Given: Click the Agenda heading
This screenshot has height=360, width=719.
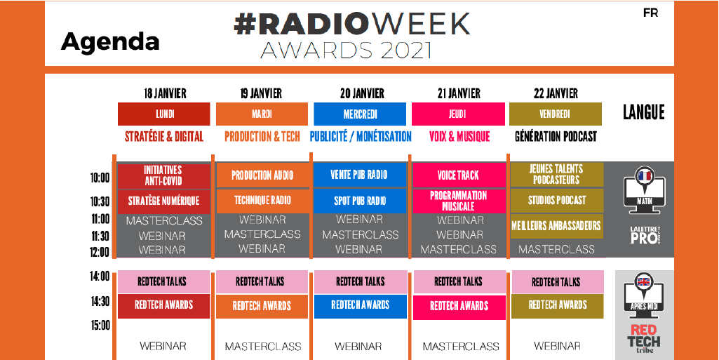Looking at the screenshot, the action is coord(110,41).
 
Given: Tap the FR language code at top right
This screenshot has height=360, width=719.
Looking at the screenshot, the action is coord(651,13).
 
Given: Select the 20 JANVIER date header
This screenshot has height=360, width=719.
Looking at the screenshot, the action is coord(362,93).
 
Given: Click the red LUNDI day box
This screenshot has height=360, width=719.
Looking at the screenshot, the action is coord(163,114).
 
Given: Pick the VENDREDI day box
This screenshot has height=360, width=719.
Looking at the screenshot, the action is coord(556,114).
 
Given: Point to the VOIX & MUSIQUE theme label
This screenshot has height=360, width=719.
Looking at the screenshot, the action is coord(459,137).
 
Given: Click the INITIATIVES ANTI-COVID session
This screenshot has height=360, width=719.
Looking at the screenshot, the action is coord(163,175).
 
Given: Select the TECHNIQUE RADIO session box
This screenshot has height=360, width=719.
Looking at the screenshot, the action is coord(262,201).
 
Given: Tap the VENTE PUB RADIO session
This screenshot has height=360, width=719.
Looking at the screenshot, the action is coord(359,175).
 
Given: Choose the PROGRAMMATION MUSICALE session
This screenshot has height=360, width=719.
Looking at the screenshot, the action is coord(459,201).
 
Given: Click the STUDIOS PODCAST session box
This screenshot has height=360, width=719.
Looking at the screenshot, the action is coord(557,201).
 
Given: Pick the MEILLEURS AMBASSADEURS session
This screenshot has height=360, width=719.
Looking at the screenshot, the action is coord(557,226).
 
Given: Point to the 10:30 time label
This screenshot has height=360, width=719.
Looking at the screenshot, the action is coord(100,202).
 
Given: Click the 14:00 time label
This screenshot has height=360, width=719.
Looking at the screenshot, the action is coord(100,276).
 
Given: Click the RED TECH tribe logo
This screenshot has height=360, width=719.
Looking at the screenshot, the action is coord(644,339).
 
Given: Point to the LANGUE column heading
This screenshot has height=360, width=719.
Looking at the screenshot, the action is coord(643,113).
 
